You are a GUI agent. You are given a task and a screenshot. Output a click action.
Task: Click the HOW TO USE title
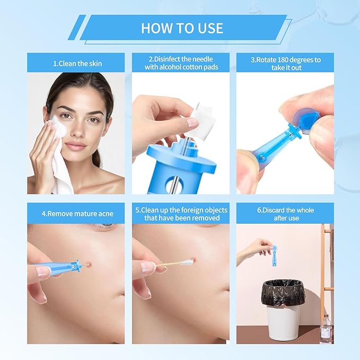[182, 28]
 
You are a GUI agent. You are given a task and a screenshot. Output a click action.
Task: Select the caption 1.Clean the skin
[77, 63]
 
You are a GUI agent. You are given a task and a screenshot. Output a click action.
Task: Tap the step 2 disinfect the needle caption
[180, 63]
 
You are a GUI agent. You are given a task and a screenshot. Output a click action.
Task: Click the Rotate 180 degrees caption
[285, 63]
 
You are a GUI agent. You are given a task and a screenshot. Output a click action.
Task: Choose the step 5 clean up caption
[180, 214]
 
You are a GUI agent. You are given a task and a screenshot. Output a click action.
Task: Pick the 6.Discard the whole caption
[285, 214]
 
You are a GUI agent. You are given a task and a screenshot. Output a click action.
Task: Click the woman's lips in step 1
[76, 145]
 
